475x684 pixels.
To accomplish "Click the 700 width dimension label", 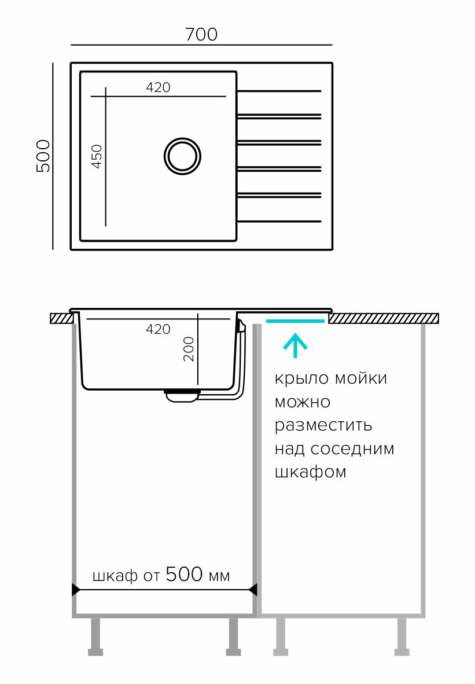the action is click(201, 35).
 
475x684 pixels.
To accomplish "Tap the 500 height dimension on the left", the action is click(43, 156).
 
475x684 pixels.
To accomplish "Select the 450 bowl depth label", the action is click(97, 156).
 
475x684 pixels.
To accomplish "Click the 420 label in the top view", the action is click(158, 87).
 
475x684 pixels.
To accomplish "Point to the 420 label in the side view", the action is click(158, 329).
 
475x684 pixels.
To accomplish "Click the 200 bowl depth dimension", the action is click(189, 349).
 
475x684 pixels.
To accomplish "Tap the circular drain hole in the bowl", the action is click(182, 156).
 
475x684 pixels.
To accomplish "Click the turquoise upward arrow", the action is click(295, 345).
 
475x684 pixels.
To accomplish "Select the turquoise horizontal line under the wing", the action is click(295, 321).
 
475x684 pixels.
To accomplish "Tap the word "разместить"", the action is click(323, 425).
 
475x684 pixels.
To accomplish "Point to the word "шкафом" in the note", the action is click(311, 472).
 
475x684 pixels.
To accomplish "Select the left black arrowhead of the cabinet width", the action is click(76, 590).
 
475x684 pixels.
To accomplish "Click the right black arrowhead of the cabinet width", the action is click(253, 590).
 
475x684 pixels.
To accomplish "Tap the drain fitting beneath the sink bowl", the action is click(182, 395).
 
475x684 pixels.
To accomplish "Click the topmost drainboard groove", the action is click(279, 91).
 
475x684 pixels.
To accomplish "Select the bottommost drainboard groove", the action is click(279, 221).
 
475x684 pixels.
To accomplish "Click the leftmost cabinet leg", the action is click(95, 637).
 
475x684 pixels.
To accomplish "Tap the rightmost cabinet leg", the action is click(402, 637).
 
